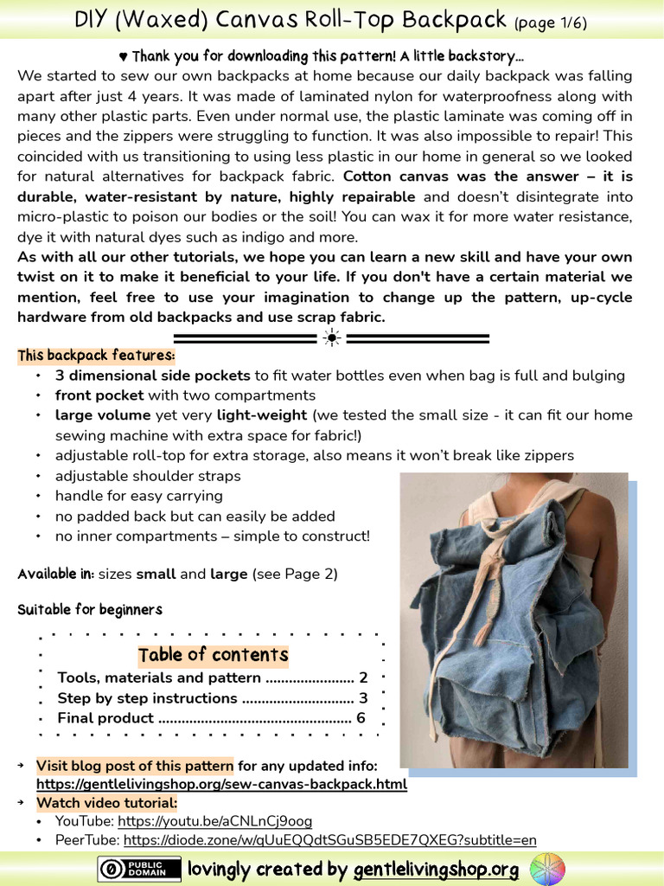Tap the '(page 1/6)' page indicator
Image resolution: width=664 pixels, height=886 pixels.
pyautogui.click(x=551, y=22)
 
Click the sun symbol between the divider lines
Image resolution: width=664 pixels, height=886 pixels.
pyautogui.click(x=331, y=337)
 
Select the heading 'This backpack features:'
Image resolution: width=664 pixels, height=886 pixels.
pyautogui.click(x=96, y=356)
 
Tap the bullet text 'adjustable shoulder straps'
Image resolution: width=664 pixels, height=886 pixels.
pyautogui.click(x=148, y=476)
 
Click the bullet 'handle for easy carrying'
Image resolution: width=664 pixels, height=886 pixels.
pyautogui.click(x=138, y=496)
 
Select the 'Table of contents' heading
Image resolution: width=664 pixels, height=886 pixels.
pyautogui.click(x=213, y=654)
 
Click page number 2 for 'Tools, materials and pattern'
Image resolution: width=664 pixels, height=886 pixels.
pyautogui.click(x=363, y=677)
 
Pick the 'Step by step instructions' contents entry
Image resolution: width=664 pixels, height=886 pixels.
pyautogui.click(x=147, y=698)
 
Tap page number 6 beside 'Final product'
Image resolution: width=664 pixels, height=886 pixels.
pyautogui.click(x=361, y=718)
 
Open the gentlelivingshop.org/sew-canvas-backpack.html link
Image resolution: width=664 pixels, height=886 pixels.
pyautogui.click(x=221, y=784)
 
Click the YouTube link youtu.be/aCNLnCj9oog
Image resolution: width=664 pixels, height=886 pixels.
pyautogui.click(x=214, y=821)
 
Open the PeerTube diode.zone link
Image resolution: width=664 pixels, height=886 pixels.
pyautogui.click(x=329, y=840)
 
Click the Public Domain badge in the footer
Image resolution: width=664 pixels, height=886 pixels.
pyautogui.click(x=139, y=869)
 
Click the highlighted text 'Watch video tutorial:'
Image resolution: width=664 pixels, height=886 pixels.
pyautogui.click(x=106, y=803)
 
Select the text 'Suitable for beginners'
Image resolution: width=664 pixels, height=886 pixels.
pyautogui.click(x=90, y=610)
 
